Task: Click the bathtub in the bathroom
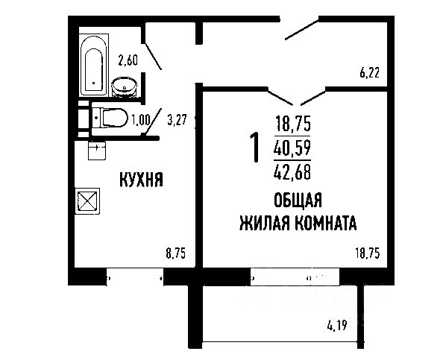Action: click(x=94, y=60)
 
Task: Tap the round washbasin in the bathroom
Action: click(x=124, y=87)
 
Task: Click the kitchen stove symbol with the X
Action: click(x=87, y=201)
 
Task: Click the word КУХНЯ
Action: click(x=142, y=179)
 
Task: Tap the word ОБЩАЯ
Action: click(x=297, y=200)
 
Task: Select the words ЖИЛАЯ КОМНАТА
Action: click(x=297, y=222)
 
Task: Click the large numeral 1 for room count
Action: click(x=254, y=148)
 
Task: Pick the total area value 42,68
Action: click(x=293, y=174)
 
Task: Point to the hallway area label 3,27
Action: click(x=177, y=117)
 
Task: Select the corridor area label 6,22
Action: click(x=369, y=72)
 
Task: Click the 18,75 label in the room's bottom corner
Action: click(x=368, y=253)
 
